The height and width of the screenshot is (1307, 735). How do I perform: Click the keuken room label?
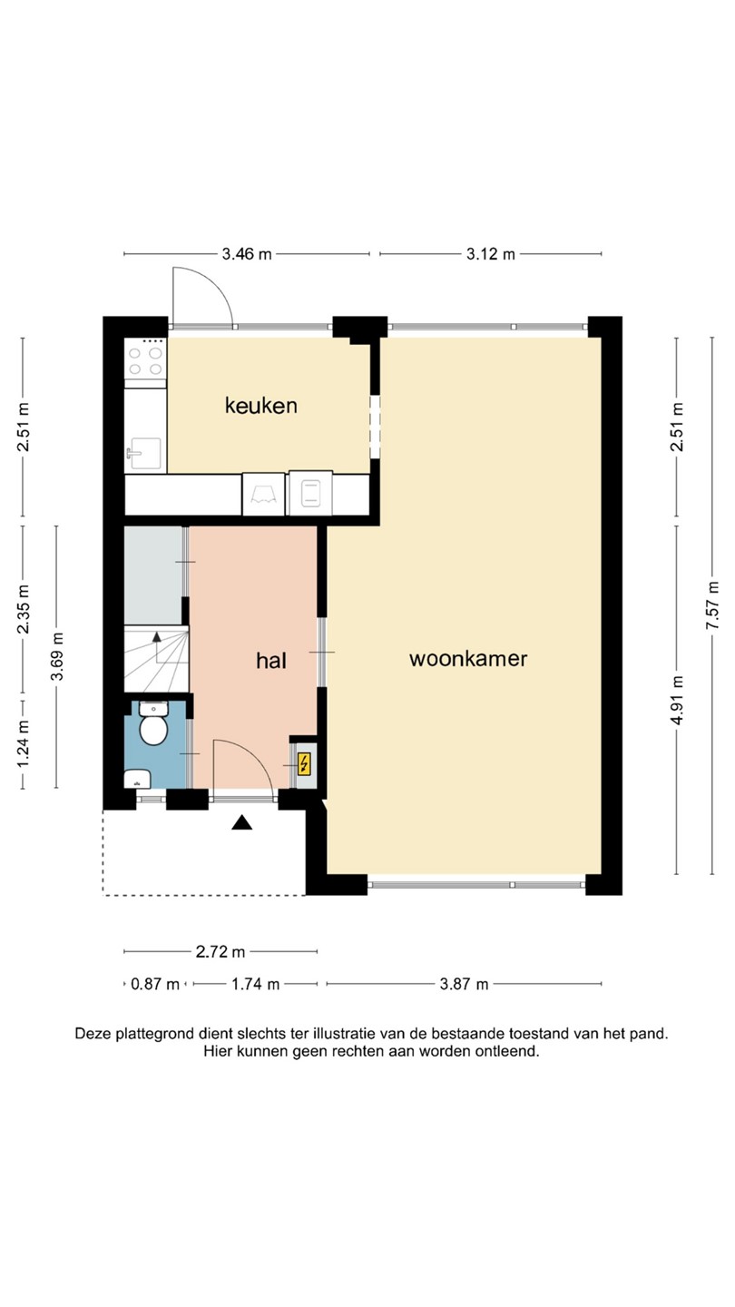(x=261, y=406)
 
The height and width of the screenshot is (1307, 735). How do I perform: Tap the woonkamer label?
(x=468, y=659)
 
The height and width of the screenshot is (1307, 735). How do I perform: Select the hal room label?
(x=271, y=661)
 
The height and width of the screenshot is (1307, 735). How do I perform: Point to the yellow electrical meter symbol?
(x=304, y=764)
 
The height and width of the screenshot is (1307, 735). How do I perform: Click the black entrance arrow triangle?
(x=241, y=822)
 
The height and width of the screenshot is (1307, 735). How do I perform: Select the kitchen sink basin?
(x=144, y=454)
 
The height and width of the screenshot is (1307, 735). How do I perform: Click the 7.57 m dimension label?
(x=712, y=605)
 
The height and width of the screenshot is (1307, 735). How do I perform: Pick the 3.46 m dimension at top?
(x=247, y=254)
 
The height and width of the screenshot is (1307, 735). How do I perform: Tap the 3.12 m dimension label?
(x=491, y=254)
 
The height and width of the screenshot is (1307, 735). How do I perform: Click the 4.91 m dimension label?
(x=677, y=700)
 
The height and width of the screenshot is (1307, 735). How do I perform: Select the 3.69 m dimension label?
(x=57, y=656)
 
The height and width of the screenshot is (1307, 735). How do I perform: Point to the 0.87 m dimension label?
(x=154, y=984)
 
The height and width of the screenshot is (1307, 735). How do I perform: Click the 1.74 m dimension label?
(x=256, y=984)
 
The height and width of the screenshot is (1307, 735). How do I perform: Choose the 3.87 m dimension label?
(x=464, y=984)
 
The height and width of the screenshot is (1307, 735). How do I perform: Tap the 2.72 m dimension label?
(x=220, y=952)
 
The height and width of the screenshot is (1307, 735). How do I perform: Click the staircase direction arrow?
(x=156, y=646)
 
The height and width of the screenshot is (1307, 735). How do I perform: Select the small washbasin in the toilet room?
(x=138, y=779)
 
